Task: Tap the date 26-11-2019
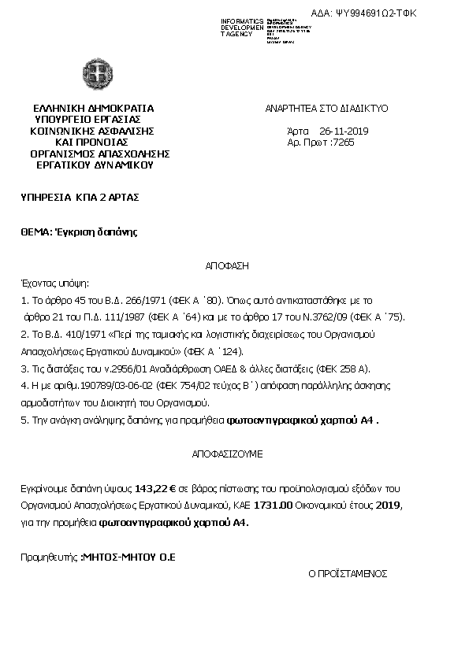[x=344, y=131]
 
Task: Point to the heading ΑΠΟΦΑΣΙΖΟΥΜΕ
[x=228, y=454]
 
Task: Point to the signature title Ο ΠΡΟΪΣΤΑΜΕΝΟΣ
[x=348, y=573]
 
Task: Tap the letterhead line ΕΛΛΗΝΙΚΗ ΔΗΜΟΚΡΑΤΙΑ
[x=93, y=109]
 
